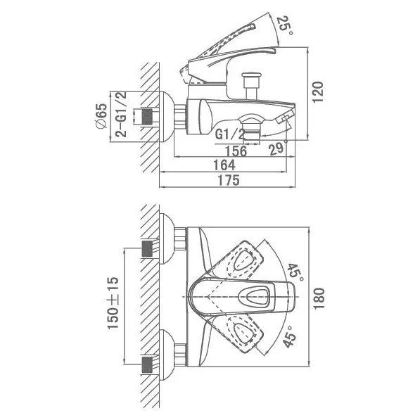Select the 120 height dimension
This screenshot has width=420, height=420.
click(x=318, y=92)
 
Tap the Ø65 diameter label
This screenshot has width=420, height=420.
click(x=102, y=117)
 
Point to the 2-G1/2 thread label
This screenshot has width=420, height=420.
click(x=121, y=115)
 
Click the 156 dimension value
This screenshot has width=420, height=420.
click(x=236, y=151)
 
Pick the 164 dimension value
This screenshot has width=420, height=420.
click(x=224, y=165)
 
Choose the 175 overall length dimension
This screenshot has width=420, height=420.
click(x=229, y=180)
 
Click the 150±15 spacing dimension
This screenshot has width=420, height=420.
click(x=113, y=303)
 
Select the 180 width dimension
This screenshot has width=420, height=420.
click(x=319, y=299)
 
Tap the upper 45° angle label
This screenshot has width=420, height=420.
click(x=295, y=272)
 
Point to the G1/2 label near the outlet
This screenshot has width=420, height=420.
click(x=230, y=134)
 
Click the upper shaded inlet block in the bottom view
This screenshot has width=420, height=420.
click(x=147, y=248)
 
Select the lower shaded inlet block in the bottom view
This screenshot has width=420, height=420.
click(x=147, y=364)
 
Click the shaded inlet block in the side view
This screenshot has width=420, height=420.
click(x=146, y=117)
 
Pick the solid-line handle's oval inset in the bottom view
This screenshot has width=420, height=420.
click(x=253, y=296)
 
